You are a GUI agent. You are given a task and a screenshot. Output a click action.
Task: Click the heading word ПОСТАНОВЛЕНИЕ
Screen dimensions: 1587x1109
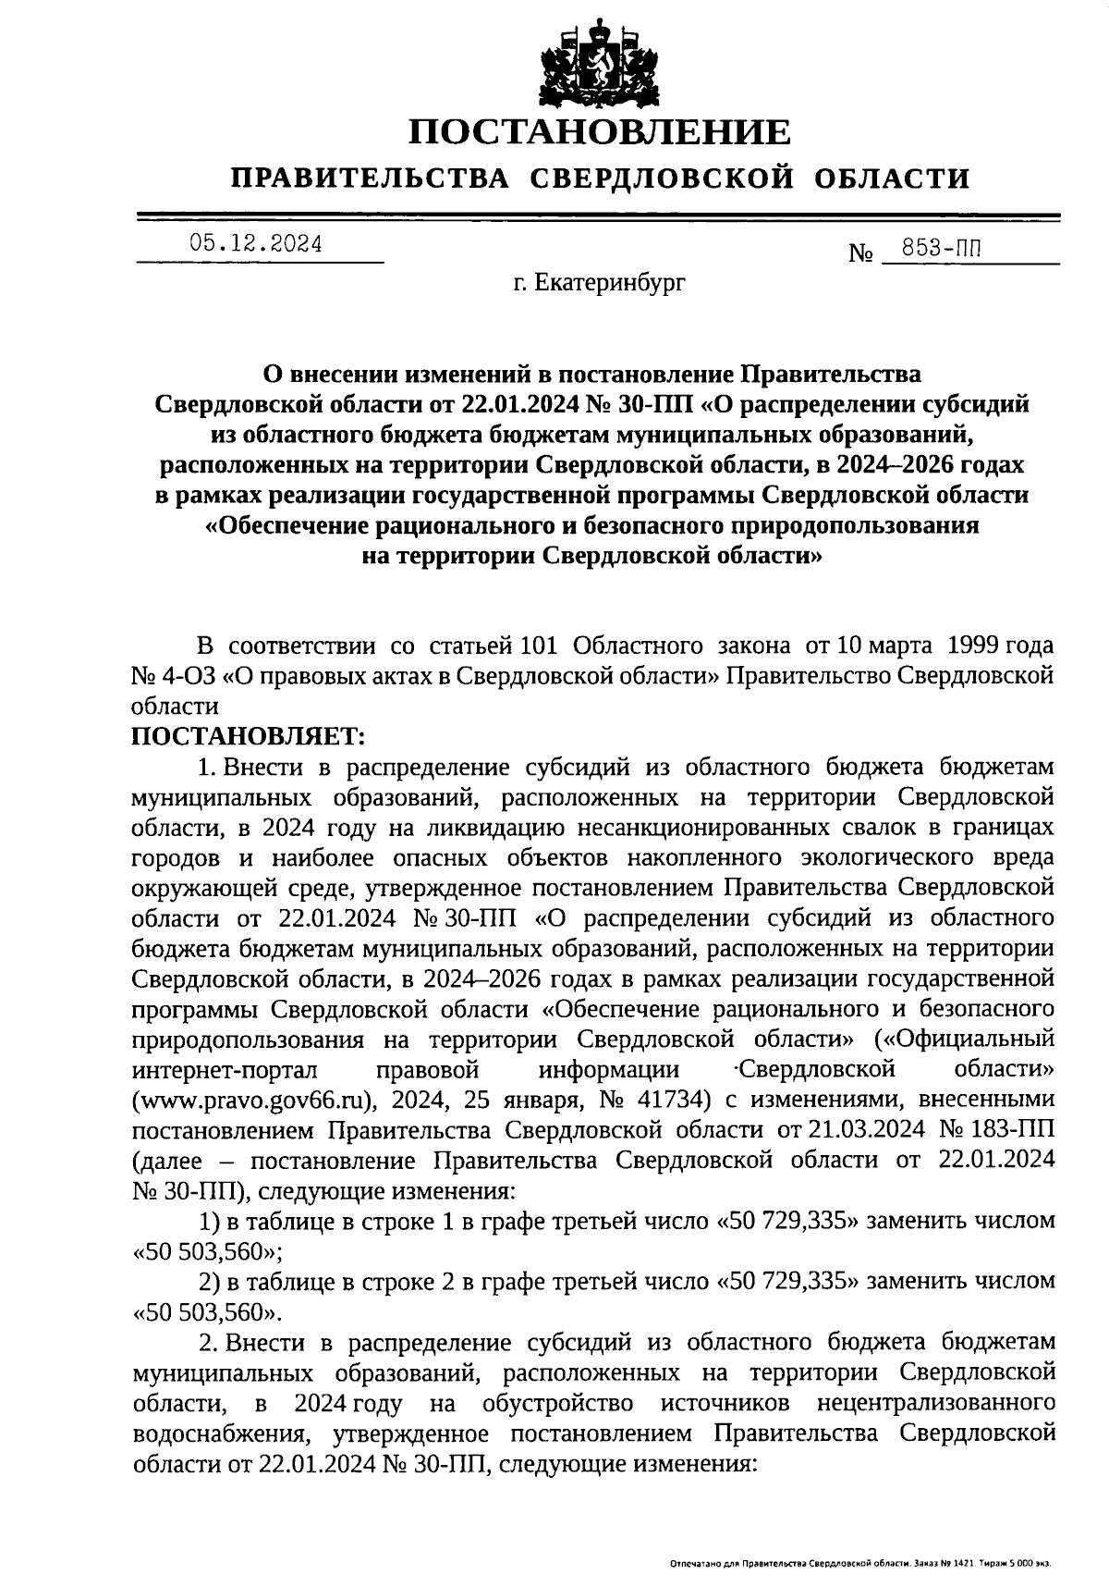pos(600,131)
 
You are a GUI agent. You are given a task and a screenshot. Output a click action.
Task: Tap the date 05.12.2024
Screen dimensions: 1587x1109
pos(256,243)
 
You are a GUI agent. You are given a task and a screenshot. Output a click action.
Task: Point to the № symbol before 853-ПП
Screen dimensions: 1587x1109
pos(860,252)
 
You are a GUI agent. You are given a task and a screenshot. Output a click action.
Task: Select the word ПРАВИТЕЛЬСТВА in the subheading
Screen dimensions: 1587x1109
pos(370,178)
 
